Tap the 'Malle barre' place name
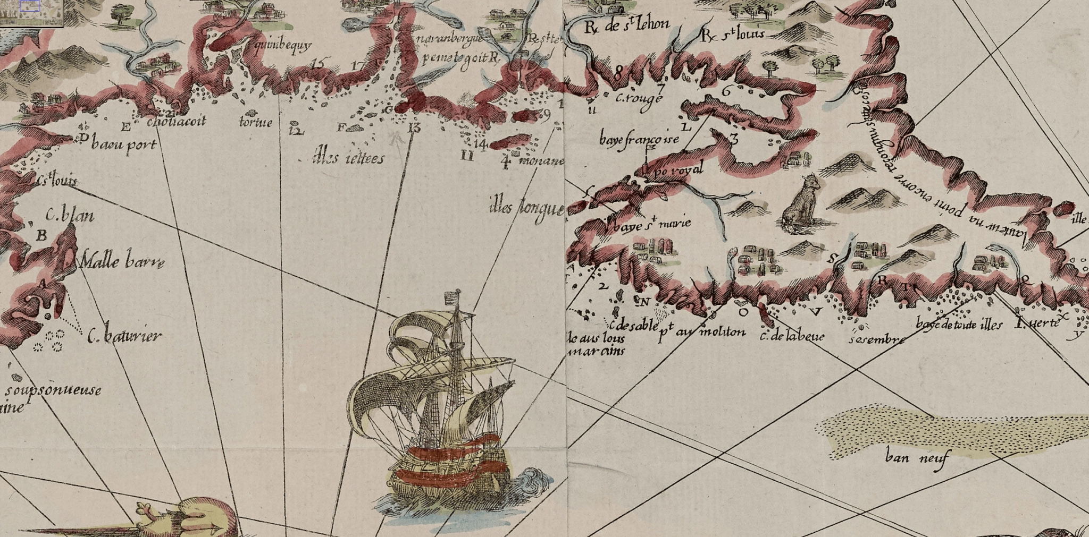122,262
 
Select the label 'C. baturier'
124,336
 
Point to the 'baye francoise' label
639,140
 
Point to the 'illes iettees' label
349,158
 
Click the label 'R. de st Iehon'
626,25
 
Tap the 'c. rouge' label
639,98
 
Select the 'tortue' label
256,123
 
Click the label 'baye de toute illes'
959,324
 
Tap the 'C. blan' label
70,215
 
